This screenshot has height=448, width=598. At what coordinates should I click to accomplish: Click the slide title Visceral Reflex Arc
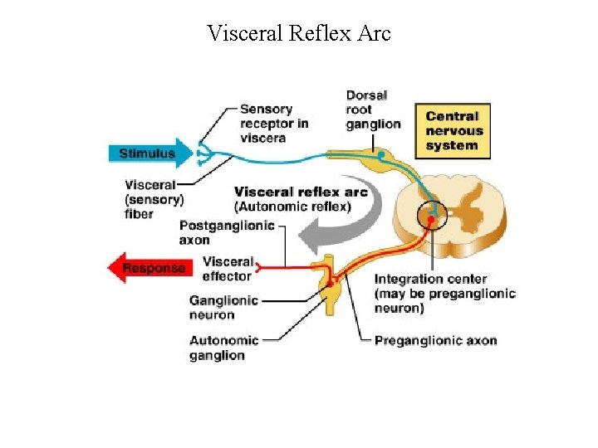(299, 34)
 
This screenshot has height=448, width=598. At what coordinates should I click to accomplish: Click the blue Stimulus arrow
(149, 153)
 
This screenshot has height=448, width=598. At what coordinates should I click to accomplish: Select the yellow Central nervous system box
(454, 131)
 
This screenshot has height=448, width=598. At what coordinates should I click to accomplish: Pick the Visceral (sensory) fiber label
(154, 199)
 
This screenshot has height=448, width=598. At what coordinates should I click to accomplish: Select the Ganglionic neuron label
(223, 307)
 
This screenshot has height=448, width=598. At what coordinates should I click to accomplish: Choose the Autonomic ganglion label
(223, 348)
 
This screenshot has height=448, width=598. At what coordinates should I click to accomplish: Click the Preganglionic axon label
(435, 341)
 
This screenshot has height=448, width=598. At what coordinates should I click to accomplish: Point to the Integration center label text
(444, 293)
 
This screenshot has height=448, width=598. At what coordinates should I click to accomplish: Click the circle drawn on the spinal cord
(432, 216)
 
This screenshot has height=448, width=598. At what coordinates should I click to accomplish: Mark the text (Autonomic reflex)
(292, 207)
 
